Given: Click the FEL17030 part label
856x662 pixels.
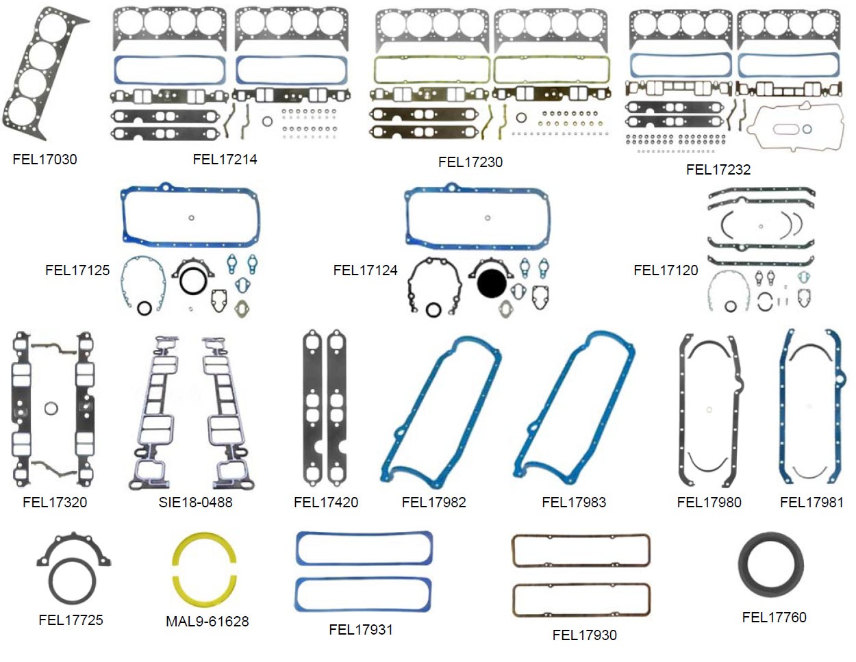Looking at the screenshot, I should (45, 160).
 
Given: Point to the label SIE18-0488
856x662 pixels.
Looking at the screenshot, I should (195, 502).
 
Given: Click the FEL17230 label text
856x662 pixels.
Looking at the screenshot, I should (470, 162).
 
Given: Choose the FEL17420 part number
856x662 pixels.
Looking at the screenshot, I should (325, 502).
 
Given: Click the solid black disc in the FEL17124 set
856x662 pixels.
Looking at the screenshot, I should (491, 283).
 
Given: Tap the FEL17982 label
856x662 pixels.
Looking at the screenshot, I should (433, 502).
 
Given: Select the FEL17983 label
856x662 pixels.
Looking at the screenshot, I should (573, 502).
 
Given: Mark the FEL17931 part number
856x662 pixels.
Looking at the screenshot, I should (360, 630).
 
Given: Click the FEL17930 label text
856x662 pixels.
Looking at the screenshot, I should (584, 635).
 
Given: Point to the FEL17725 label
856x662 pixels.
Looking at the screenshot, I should (71, 620).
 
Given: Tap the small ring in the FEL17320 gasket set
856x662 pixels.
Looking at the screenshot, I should (51, 409).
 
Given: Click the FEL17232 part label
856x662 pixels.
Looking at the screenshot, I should (718, 170).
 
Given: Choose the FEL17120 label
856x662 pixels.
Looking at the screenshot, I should (665, 270).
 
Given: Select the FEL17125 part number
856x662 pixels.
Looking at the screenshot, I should (77, 270).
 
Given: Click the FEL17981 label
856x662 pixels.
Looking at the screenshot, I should (811, 502).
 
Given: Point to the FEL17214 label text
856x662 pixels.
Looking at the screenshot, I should (225, 160).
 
